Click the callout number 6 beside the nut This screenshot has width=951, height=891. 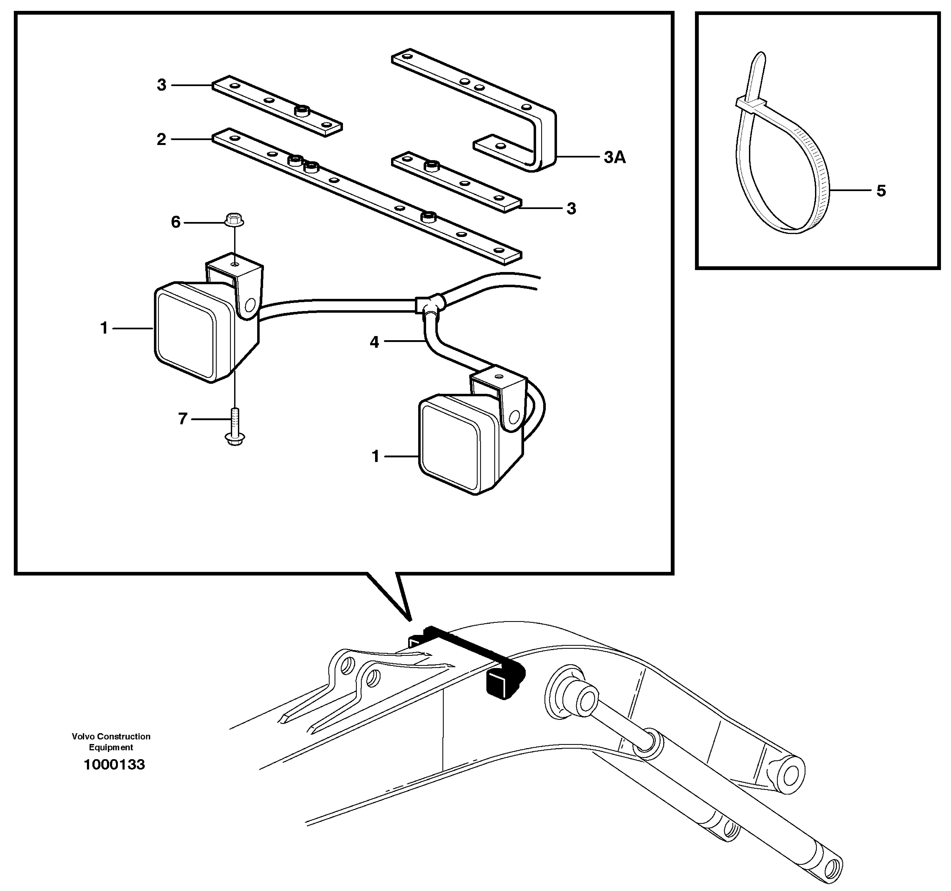pyautogui.click(x=176, y=222)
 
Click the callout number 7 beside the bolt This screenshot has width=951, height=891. pyautogui.click(x=182, y=419)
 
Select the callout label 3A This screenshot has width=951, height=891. pyautogui.click(x=614, y=157)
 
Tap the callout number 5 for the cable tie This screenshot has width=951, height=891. pyautogui.click(x=881, y=191)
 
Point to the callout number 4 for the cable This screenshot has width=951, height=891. pyautogui.click(x=374, y=342)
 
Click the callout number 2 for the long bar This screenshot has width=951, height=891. pyautogui.click(x=161, y=139)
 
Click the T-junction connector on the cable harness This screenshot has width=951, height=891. pyautogui.click(x=429, y=304)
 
